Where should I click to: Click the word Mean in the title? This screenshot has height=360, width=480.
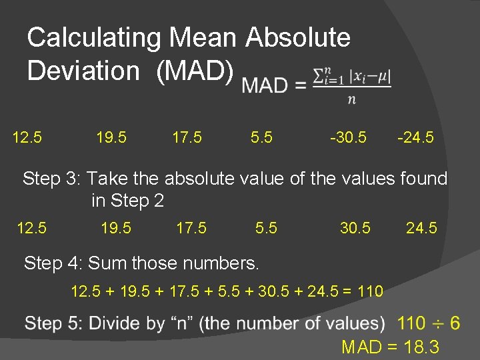[205, 38]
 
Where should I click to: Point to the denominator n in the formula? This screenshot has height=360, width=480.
[351, 101]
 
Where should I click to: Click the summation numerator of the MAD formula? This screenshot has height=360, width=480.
[352, 77]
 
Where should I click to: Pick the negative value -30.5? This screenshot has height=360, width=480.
[348, 138]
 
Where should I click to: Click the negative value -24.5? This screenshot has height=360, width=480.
[415, 138]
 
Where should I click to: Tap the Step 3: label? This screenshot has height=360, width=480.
[51, 179]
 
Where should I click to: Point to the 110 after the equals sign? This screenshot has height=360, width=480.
[370, 291]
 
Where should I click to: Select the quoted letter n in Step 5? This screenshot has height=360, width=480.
[179, 324]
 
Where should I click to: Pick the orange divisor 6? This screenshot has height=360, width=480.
[455, 324]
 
